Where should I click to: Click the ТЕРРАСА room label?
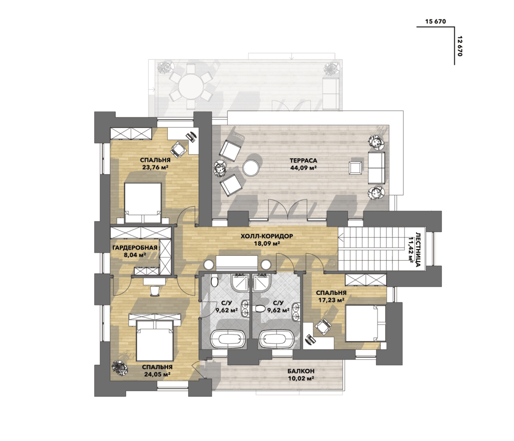point(303,161)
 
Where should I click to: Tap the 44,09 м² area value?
point(303,168)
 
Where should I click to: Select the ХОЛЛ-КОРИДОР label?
point(267,236)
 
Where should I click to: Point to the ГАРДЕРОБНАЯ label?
point(135,248)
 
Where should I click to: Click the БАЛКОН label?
point(301,371)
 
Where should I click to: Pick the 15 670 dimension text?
point(435,22)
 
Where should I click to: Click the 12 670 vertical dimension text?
point(459,46)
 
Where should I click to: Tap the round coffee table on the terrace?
point(251,168)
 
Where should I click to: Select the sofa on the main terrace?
point(376,168)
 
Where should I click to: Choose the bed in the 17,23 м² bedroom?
point(366,323)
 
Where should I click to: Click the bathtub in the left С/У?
point(228,339)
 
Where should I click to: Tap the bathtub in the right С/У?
point(277,339)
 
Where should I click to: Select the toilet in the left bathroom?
point(214,280)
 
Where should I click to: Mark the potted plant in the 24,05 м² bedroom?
point(119,368)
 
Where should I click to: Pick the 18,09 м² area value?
point(267,244)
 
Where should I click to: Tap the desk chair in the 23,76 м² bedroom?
point(178,149)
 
